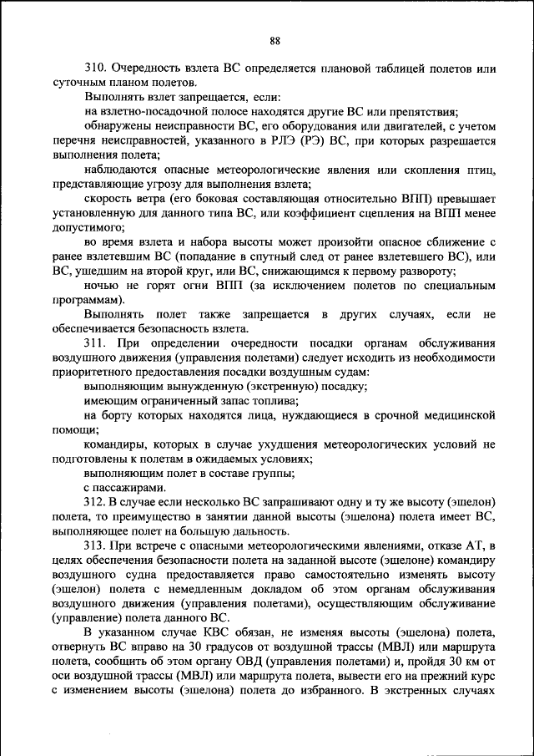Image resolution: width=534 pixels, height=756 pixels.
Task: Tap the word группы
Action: pyautogui.click(x=276, y=473)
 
